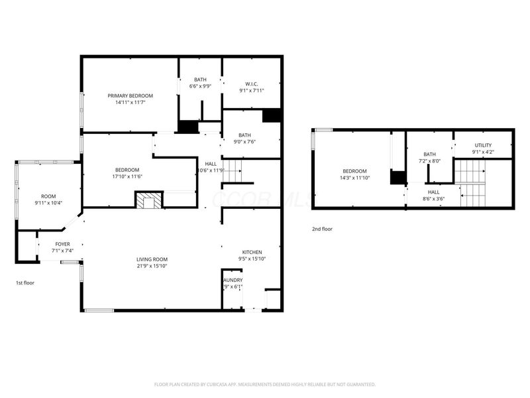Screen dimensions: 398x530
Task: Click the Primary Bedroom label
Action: [x=130, y=96]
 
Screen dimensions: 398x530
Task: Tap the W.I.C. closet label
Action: [x=251, y=84]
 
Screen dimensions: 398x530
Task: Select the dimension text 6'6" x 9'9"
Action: [x=199, y=86]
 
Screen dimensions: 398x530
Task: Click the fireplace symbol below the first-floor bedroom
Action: [x=149, y=201]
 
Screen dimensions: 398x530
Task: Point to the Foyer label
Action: [x=62, y=244]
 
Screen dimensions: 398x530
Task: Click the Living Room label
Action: [x=152, y=259]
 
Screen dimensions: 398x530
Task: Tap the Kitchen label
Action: [x=252, y=252]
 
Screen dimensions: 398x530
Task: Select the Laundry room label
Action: [x=233, y=280]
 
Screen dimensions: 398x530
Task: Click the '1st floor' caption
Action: [x=25, y=283]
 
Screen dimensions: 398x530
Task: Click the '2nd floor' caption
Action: [x=322, y=230]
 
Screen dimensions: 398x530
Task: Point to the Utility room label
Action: [x=483, y=145]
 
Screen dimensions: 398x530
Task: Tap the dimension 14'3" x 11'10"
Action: [x=354, y=178]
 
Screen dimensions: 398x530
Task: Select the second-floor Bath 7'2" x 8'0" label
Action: [x=429, y=155]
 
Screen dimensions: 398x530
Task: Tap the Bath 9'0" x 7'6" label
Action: [x=244, y=135]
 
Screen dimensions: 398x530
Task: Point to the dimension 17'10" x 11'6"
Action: [x=127, y=176]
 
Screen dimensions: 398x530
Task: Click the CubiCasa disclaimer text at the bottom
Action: [x=265, y=384]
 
